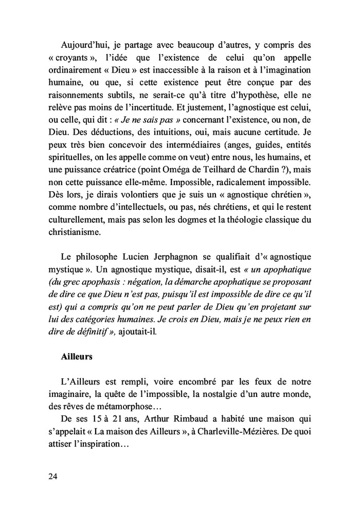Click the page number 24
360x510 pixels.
tap(53, 476)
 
